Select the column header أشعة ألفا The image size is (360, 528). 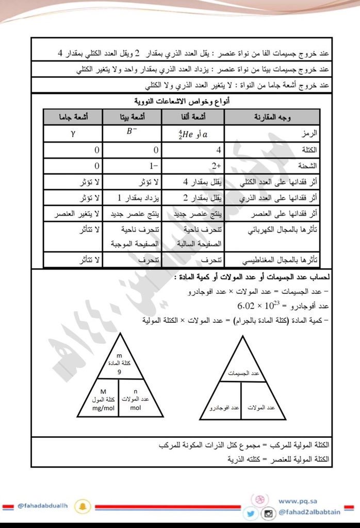193,117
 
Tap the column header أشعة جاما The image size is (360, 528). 73,117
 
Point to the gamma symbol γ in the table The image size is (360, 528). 73,133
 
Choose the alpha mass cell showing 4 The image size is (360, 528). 219,150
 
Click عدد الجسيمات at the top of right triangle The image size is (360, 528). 242,372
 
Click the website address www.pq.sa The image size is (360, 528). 294,501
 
